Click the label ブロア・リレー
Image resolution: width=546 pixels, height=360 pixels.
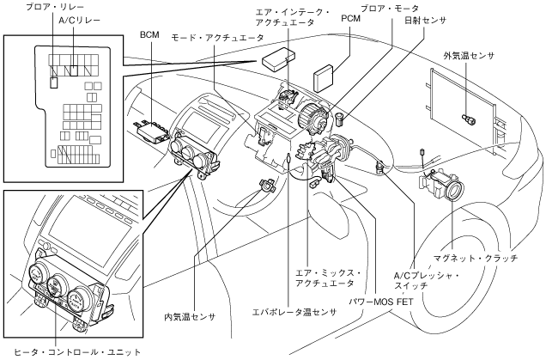click(55, 7)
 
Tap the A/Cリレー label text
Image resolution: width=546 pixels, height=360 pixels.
click(79, 21)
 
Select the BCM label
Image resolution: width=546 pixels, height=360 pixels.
click(149, 35)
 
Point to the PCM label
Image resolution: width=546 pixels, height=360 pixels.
click(350, 18)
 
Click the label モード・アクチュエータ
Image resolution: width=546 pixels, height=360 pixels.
click(217, 38)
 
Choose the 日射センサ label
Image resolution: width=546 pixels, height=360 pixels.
click(425, 21)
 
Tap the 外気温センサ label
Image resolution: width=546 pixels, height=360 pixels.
click(469, 56)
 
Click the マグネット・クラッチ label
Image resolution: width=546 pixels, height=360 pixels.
click(476, 259)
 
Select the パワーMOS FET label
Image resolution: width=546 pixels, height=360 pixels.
click(381, 302)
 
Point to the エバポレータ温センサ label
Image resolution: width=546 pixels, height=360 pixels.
click(294, 312)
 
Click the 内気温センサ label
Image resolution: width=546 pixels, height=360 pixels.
click(190, 317)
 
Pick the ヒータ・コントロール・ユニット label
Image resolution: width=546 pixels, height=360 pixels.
click(77, 352)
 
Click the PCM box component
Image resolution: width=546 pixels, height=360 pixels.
click(324, 79)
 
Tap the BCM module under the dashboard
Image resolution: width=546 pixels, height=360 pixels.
click(152, 131)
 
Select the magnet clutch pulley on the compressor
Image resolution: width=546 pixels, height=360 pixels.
click(454, 191)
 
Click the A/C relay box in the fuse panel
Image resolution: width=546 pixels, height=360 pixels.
click(74, 70)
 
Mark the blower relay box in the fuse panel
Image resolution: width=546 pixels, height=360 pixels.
click(54, 82)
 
